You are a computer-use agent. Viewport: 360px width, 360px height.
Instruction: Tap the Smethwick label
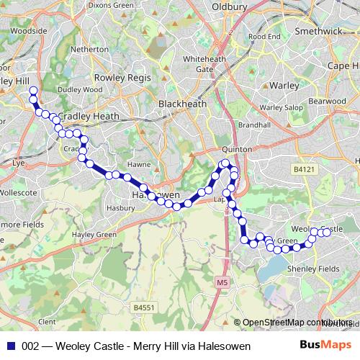point(318,32)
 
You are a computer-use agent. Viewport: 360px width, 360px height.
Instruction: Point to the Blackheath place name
point(182,104)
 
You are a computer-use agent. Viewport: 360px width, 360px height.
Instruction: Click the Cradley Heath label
point(89,116)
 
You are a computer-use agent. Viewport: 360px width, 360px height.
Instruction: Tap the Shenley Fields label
point(313,268)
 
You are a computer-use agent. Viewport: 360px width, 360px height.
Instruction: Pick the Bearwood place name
point(327,102)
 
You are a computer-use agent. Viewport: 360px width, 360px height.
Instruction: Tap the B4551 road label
point(144,307)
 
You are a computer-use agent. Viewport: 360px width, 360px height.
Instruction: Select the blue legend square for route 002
point(10,346)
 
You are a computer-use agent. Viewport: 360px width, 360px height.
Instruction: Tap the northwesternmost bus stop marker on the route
point(32,91)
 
